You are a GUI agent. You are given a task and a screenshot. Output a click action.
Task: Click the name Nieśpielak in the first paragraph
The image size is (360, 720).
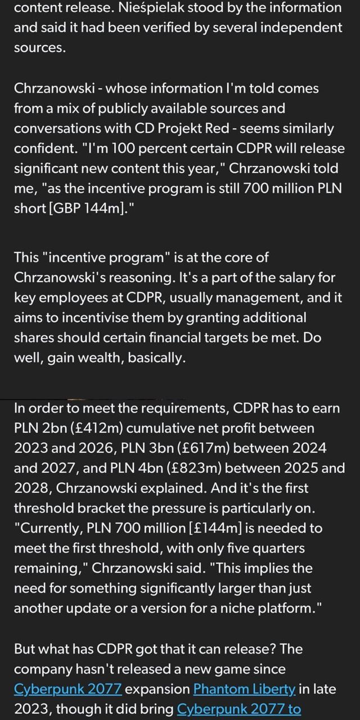pyautogui.click(x=143, y=8)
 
